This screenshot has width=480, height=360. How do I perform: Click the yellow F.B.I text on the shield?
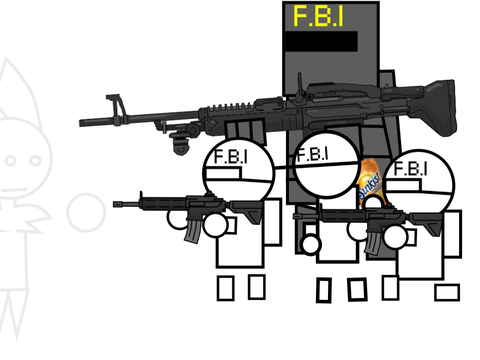tap(318, 16)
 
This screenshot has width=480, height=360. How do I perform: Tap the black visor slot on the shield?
tap(321, 41)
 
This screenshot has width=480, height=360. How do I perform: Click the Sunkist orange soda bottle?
tap(370, 182)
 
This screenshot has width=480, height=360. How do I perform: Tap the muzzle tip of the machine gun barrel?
tap(81, 123)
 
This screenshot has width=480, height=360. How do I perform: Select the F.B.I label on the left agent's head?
tap(231, 157)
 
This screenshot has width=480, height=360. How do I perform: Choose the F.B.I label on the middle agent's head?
tap(312, 154)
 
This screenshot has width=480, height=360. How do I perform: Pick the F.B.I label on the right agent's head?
tap(410, 168)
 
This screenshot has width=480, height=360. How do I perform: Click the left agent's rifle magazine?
tap(193, 230)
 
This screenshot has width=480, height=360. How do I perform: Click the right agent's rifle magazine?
tap(373, 243)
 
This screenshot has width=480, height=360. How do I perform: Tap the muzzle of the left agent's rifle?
tap(115, 204)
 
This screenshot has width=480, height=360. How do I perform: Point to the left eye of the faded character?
tap(11, 160)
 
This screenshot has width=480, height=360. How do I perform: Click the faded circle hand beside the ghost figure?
tap(86, 213)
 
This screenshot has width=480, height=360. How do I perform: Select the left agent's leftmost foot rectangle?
tap(226, 288)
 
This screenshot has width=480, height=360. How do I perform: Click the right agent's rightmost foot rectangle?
tap(447, 292)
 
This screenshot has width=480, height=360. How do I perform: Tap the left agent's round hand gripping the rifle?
tap(215, 225)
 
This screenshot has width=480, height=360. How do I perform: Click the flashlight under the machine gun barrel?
tap(180, 143)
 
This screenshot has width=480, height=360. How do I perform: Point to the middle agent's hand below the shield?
tap(310, 244)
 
